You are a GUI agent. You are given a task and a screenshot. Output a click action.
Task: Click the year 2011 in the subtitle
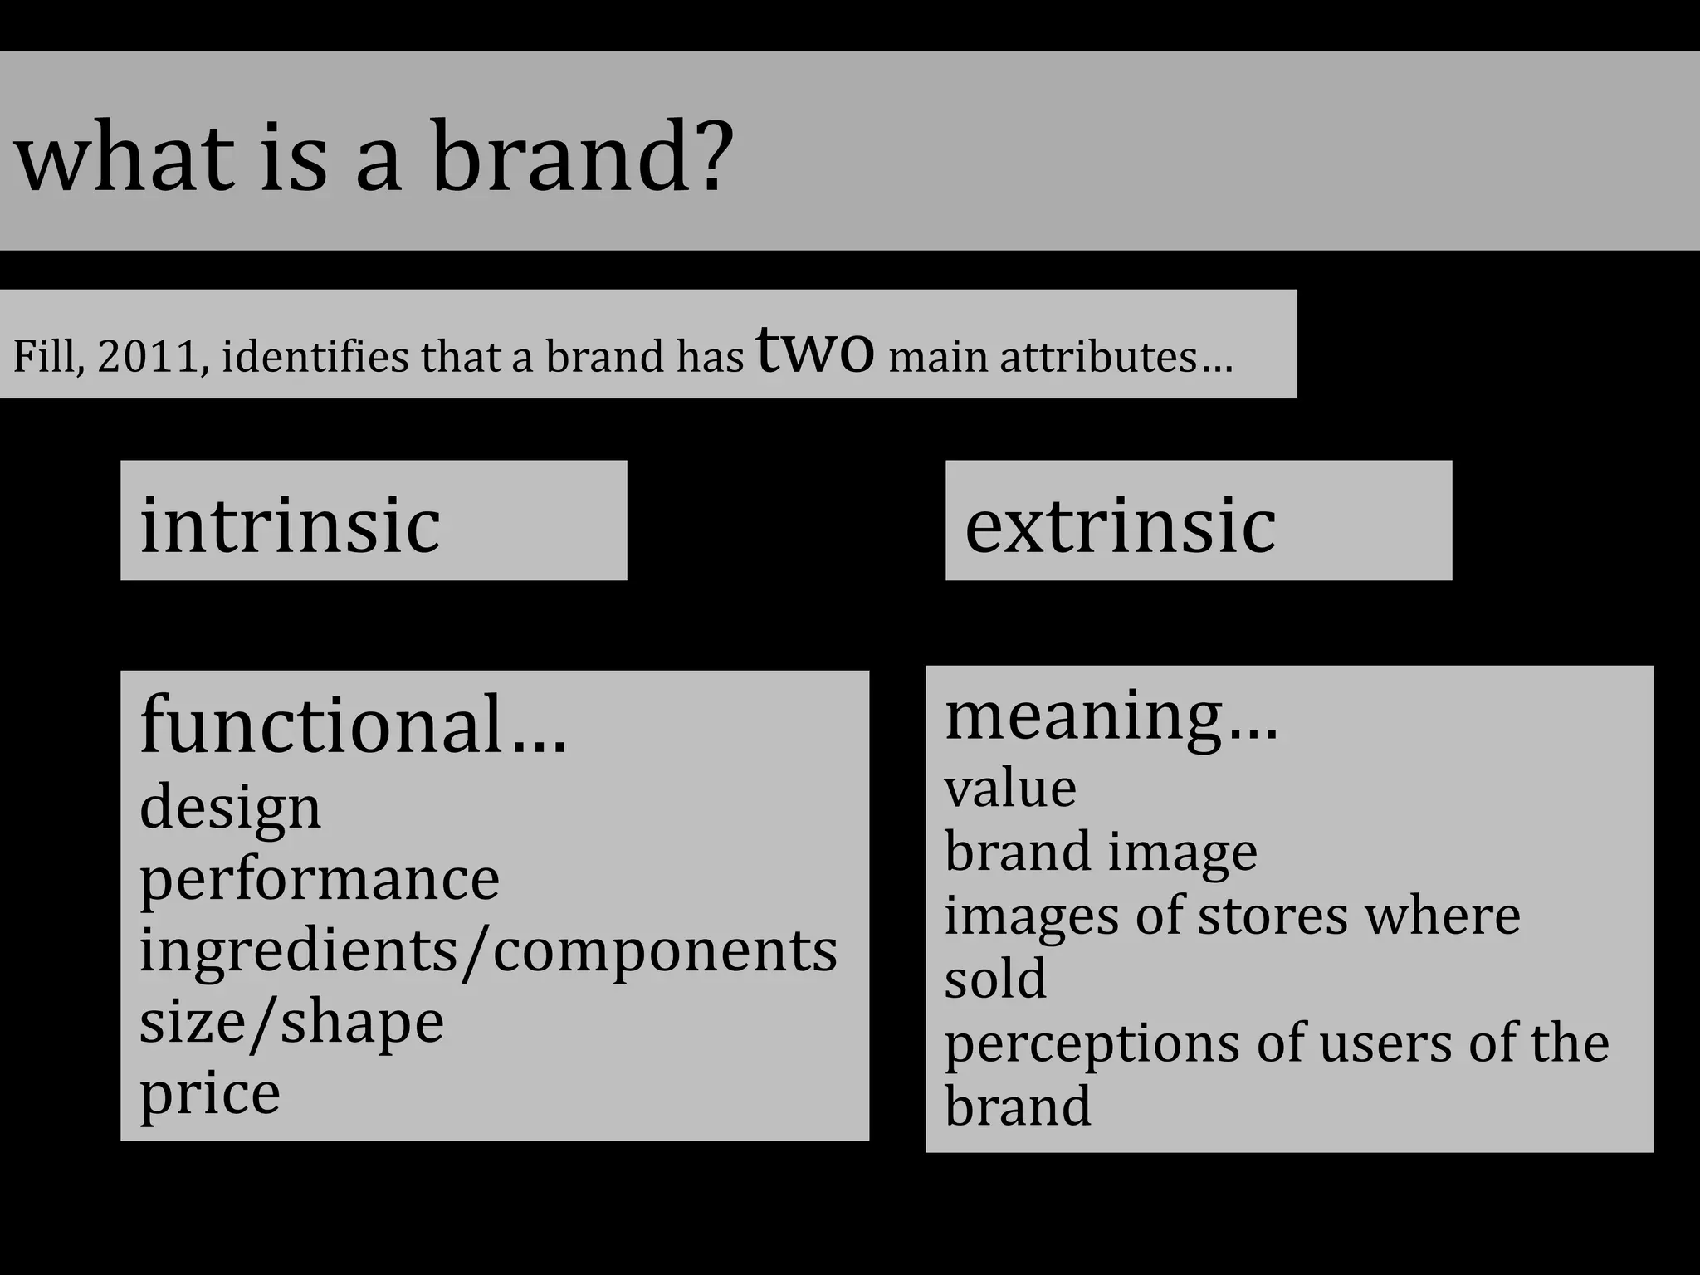coord(152,357)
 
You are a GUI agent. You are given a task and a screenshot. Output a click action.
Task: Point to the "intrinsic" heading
coord(290,525)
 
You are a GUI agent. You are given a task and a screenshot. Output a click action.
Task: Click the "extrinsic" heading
coord(1120,525)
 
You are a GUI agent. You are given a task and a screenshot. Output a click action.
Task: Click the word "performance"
coord(320,880)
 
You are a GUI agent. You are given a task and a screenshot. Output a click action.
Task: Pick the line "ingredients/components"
coord(488,951)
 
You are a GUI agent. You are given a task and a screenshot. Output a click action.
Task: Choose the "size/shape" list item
coord(291,1023)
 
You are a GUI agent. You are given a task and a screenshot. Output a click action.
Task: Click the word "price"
coord(210,1094)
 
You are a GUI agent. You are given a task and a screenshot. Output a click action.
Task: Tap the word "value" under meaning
coord(1010,789)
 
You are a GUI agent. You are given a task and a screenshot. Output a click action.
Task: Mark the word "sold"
coord(995,979)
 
